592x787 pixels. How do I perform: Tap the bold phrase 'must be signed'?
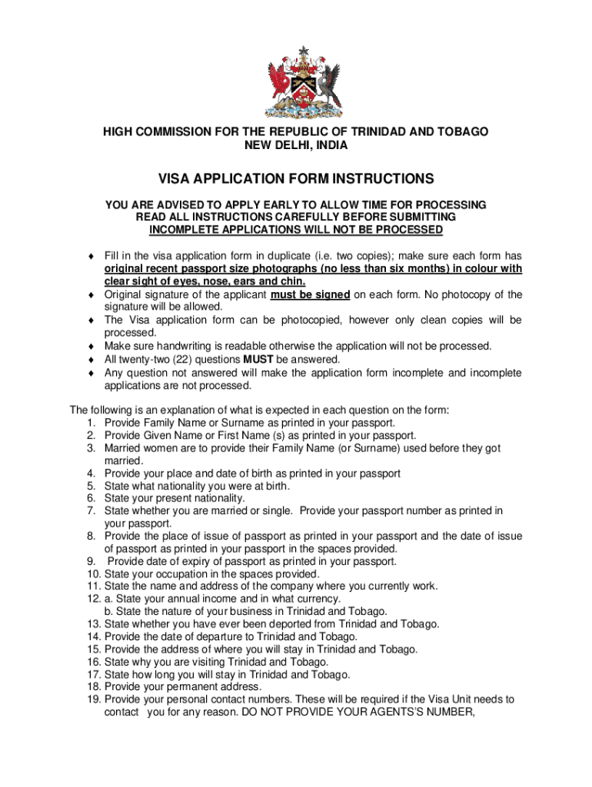(x=311, y=294)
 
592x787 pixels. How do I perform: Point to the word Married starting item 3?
(x=123, y=447)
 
